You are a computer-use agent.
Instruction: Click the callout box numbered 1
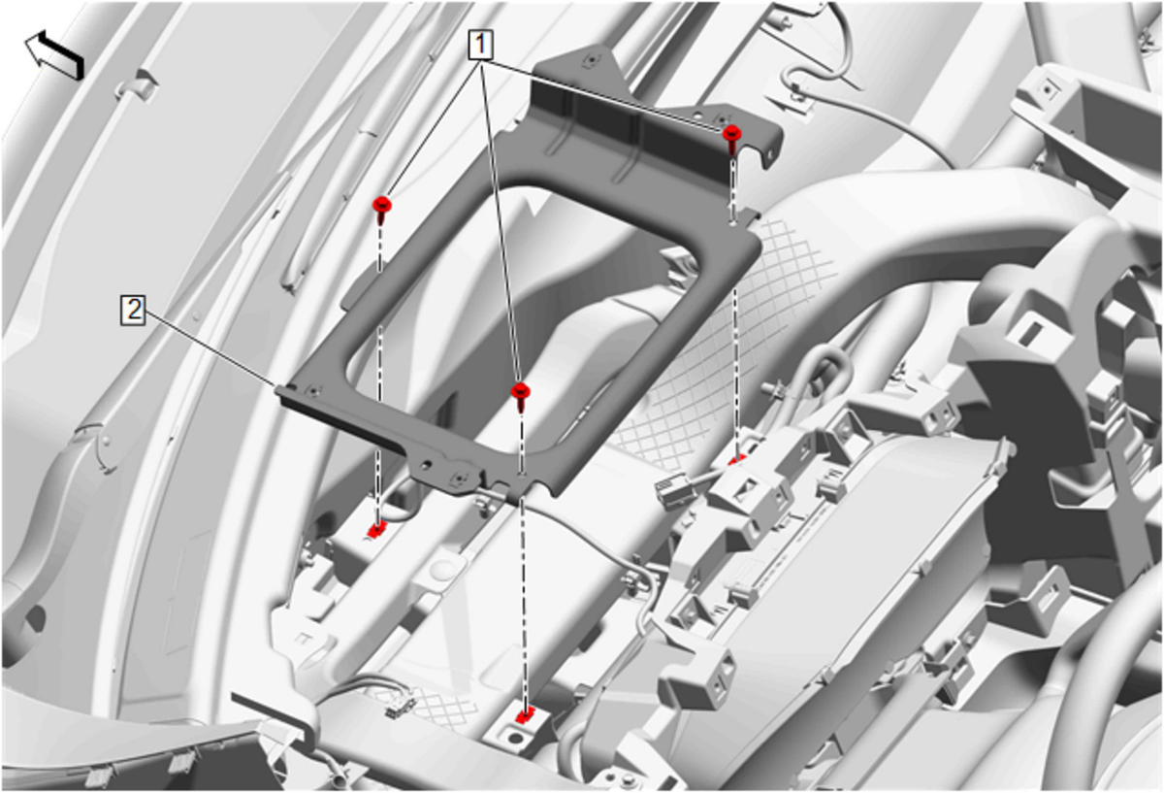pyautogui.click(x=481, y=45)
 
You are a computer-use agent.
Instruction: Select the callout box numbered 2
pyautogui.click(x=133, y=311)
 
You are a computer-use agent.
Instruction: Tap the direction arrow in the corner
pyautogui.click(x=54, y=54)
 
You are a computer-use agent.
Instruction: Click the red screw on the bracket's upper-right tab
pyautogui.click(x=731, y=137)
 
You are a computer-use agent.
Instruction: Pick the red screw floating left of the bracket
pyautogui.click(x=382, y=209)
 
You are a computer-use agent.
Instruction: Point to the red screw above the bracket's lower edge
pyautogui.click(x=520, y=395)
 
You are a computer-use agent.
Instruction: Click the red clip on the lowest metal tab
pyautogui.click(x=526, y=717)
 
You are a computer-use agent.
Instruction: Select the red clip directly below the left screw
pyautogui.click(x=375, y=530)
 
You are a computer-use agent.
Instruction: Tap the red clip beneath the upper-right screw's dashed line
pyautogui.click(x=737, y=460)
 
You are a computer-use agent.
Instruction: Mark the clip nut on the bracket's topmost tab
pyautogui.click(x=590, y=61)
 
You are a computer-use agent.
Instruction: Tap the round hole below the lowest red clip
pyautogui.click(x=515, y=738)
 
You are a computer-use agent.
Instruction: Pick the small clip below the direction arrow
pyautogui.click(x=136, y=87)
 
